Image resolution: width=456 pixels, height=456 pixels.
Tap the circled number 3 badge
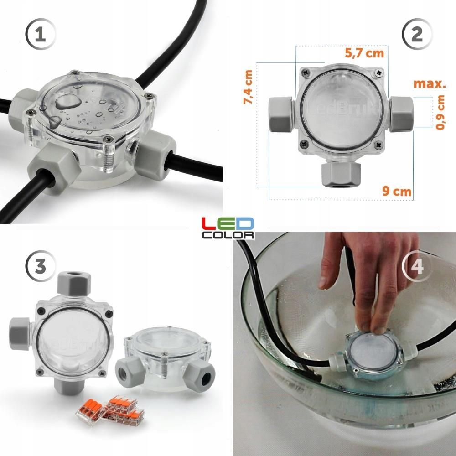coord(41,266)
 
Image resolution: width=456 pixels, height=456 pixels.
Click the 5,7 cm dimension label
coord(364,53)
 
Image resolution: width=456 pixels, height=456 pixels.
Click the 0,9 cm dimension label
coord(440,112)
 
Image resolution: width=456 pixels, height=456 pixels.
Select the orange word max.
coord(429,84)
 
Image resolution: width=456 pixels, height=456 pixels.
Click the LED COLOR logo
coord(228,228)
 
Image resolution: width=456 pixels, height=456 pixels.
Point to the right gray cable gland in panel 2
coord(401,114)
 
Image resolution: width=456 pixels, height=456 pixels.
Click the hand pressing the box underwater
coord(360,283)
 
